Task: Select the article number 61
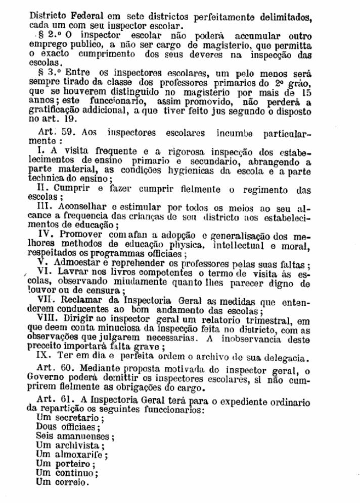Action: (x=68, y=400)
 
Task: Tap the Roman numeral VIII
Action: (x=48, y=318)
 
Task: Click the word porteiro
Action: (x=71, y=464)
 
